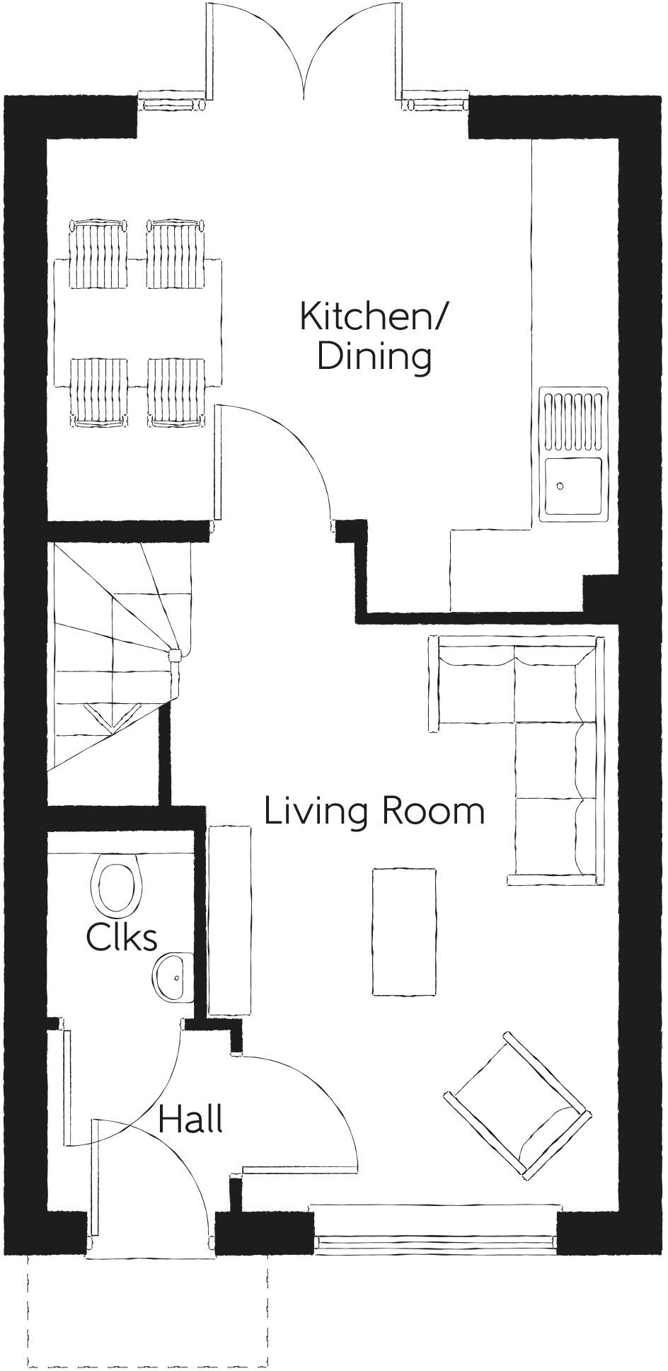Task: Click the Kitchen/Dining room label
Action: [373, 336]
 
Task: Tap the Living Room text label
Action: [374, 811]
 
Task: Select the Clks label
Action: [121, 938]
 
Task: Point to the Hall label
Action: [190, 1120]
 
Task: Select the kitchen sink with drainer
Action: [573, 453]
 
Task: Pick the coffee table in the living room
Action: [404, 931]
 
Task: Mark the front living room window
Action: [434, 1241]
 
